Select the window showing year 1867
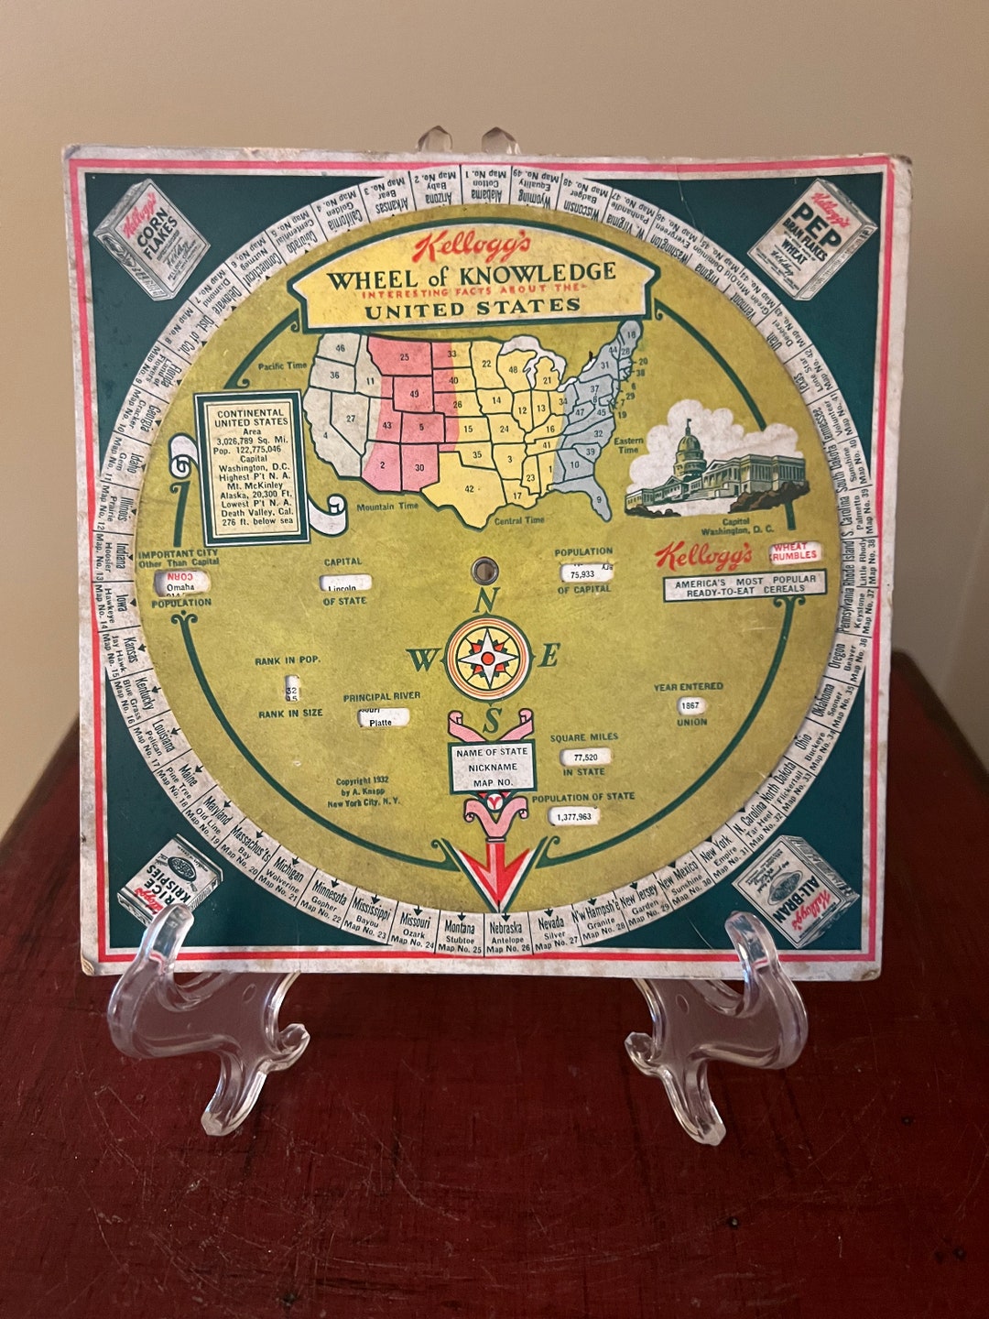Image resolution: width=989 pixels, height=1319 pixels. (x=692, y=706)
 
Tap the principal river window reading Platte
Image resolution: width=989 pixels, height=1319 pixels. (x=379, y=717)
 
